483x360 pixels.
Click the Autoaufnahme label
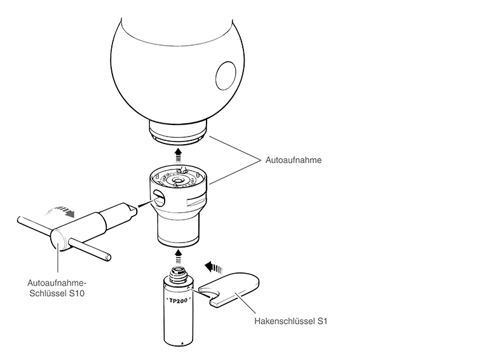(x=293, y=160)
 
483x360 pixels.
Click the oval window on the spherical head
(x=226, y=76)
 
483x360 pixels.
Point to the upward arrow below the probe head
(x=178, y=155)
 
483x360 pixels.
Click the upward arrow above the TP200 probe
(x=178, y=256)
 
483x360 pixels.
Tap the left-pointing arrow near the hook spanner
(x=214, y=267)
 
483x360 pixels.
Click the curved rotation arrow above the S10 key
(x=60, y=210)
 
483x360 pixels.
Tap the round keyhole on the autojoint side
(x=158, y=198)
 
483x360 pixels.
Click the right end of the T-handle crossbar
(x=109, y=257)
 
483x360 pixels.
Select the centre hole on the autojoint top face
(x=177, y=180)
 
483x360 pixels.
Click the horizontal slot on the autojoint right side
(x=196, y=201)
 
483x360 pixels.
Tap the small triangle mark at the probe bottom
(x=182, y=342)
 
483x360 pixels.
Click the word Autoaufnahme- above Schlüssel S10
(x=55, y=283)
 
